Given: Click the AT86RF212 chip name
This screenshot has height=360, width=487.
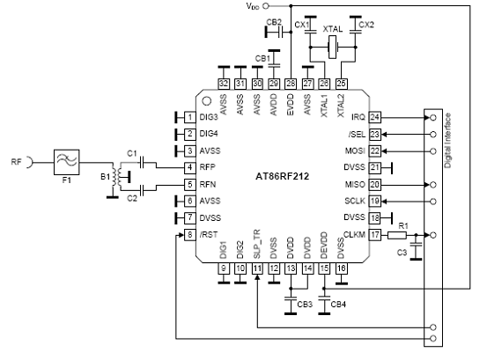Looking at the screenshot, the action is pyautogui.click(x=282, y=176).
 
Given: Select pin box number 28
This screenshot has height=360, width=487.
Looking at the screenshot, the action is pyautogui.click(x=291, y=83).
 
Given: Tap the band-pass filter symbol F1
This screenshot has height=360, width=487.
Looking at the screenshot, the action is pyautogui.click(x=66, y=162).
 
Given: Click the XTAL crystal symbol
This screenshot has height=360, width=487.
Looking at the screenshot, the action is pyautogui.click(x=333, y=48).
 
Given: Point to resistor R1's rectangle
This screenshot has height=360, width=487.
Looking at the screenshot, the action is pyautogui.click(x=397, y=235).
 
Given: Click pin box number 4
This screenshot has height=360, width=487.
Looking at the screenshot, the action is pyautogui.click(x=189, y=167).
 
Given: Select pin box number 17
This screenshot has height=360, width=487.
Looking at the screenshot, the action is pyautogui.click(x=375, y=235).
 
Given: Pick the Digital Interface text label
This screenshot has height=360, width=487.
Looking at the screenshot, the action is pyautogui.click(x=447, y=140).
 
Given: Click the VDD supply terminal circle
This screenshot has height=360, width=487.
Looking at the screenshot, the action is pyautogui.click(x=266, y=5).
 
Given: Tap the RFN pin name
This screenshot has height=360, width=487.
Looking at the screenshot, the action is pyautogui.click(x=208, y=184).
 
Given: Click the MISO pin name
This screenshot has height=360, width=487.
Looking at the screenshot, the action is pyautogui.click(x=355, y=185).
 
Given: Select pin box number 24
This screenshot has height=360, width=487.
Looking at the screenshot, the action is pyautogui.click(x=375, y=117).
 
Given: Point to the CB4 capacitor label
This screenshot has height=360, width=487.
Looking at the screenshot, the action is pyautogui.click(x=338, y=305).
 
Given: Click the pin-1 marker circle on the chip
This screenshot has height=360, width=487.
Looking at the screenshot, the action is pyautogui.click(x=207, y=101).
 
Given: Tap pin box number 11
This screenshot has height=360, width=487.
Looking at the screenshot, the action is pyautogui.click(x=257, y=268).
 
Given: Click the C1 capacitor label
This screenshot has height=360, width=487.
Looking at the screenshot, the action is pyautogui.click(x=132, y=153).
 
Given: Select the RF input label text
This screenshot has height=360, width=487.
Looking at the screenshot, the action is pyautogui.click(x=17, y=162).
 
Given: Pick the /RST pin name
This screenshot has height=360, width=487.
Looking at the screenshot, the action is pyautogui.click(x=209, y=235).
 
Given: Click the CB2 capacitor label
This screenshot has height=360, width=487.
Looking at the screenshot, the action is pyautogui.click(x=274, y=22).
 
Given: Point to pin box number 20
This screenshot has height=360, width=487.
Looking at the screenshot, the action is pyautogui.click(x=375, y=184).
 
